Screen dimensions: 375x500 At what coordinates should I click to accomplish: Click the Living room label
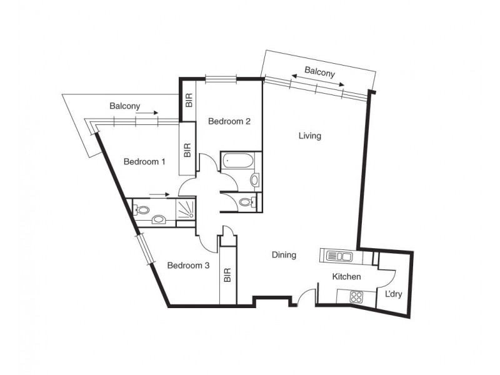(x=309, y=136)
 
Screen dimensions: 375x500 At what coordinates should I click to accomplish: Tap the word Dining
(x=283, y=255)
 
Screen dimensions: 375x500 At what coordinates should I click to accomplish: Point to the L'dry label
(x=393, y=294)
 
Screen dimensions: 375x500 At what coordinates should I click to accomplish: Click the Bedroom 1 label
(x=144, y=162)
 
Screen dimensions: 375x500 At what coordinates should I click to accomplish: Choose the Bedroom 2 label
(x=229, y=121)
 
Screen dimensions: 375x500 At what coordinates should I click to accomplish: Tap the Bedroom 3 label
(x=188, y=265)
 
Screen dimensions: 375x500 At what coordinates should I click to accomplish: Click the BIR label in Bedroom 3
(x=227, y=274)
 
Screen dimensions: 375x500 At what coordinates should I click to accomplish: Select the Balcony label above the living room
(x=319, y=71)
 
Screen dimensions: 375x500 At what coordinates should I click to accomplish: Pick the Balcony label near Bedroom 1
(x=124, y=106)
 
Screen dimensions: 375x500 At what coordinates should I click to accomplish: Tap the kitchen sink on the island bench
(x=338, y=255)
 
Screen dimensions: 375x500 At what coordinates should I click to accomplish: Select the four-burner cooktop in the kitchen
(x=357, y=296)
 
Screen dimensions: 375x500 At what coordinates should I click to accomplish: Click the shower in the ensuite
(x=185, y=210)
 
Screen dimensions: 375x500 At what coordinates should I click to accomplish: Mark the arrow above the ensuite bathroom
(x=159, y=194)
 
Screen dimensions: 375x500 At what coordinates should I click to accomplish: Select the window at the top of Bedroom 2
(x=221, y=79)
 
